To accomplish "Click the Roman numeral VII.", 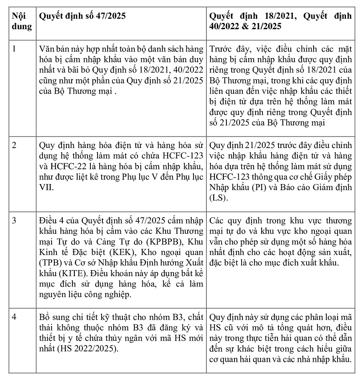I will click(x=46, y=187).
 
